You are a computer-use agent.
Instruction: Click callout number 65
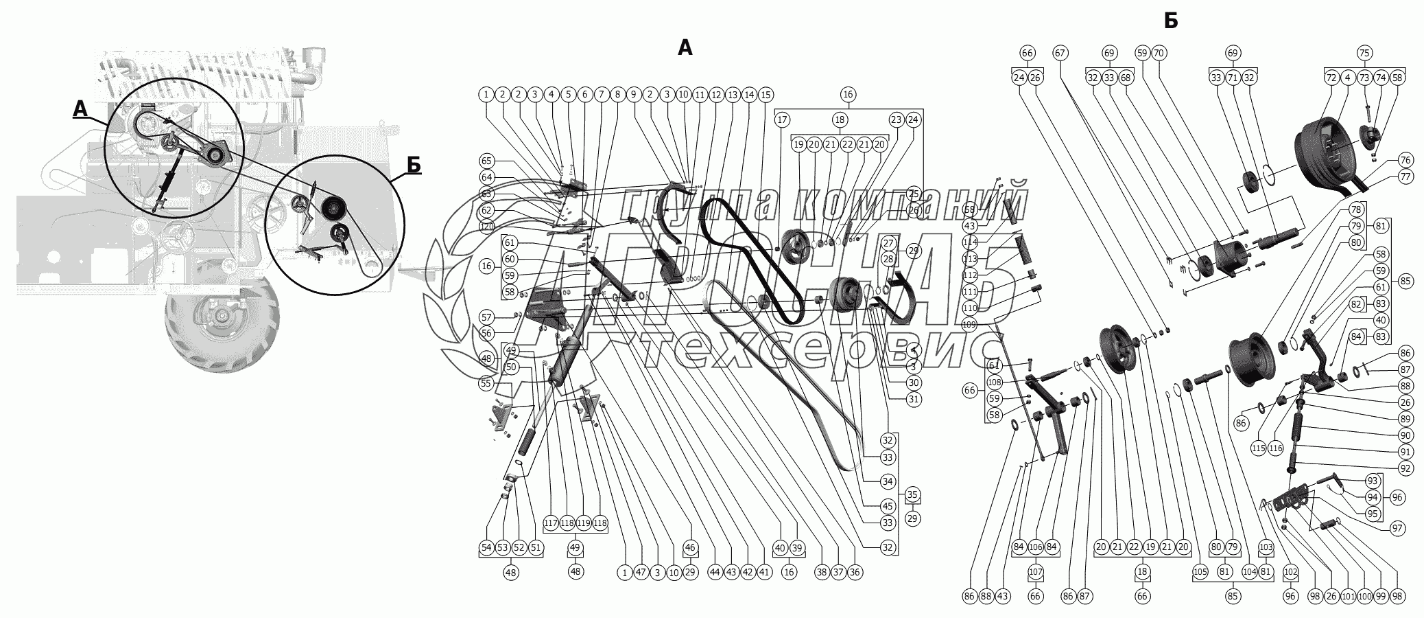(x=486, y=161)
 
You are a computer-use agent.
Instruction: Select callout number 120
(x=486, y=227)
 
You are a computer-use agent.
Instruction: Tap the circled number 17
(x=782, y=119)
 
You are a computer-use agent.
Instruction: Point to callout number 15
(x=765, y=94)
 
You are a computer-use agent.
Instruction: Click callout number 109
(x=969, y=324)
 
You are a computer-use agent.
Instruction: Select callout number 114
(x=969, y=242)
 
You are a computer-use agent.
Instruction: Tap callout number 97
(x=1397, y=528)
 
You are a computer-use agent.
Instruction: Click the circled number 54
(x=486, y=547)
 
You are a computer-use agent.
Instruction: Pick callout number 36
(x=854, y=572)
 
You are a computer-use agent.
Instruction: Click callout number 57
(x=486, y=317)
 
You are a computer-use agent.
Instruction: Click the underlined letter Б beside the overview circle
(x=413, y=165)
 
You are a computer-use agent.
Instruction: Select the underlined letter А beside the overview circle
(x=80, y=108)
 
